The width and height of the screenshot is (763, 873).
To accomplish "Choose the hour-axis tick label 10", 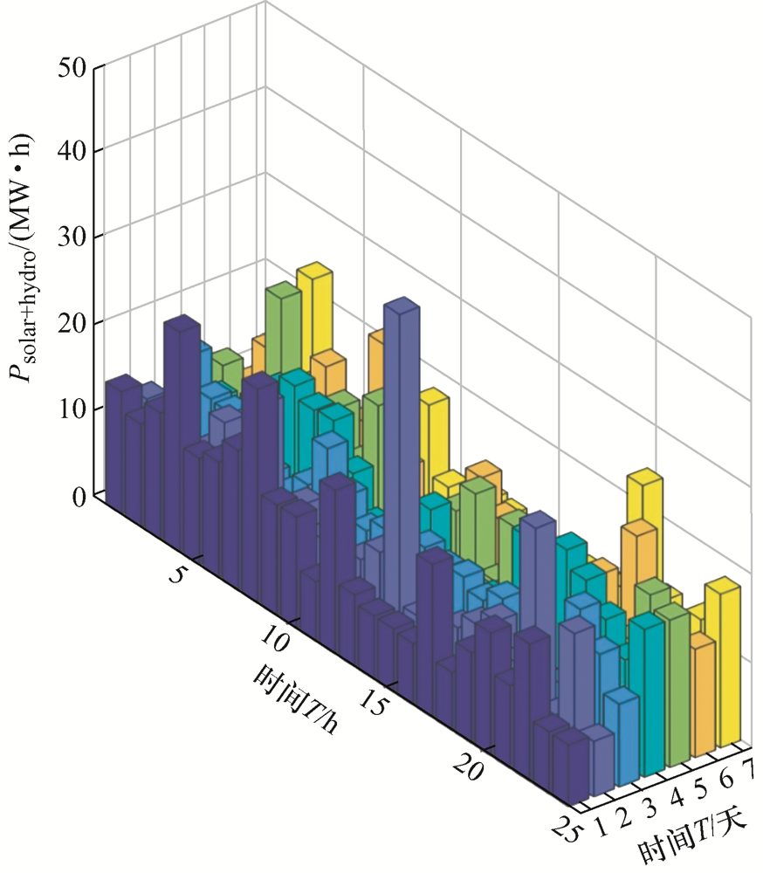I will (x=276, y=643).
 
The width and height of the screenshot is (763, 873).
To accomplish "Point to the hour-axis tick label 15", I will (x=375, y=705).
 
